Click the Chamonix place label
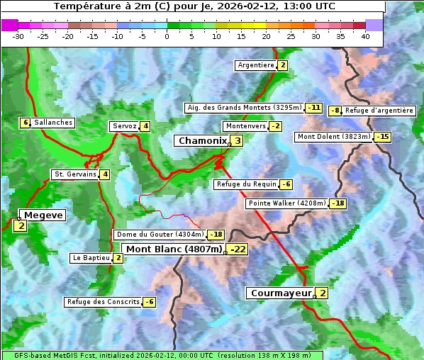[x=202, y=141]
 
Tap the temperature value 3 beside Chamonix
[x=238, y=141]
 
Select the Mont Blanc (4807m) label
[x=174, y=249]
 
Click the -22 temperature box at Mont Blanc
[x=237, y=249]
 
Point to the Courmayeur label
[x=280, y=293]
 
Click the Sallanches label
[x=53, y=123]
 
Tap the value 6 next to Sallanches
[x=26, y=123]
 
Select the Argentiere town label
[x=256, y=65]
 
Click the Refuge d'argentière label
[x=379, y=111]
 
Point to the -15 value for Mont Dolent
[x=383, y=137]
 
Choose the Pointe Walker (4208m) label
[x=286, y=204]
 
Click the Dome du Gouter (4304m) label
[x=160, y=235]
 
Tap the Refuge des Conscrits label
[x=103, y=302]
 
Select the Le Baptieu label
[x=91, y=258]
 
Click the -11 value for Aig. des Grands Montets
[x=313, y=108]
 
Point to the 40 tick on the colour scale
[x=365, y=35]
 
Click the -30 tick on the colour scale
[x=18, y=35]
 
